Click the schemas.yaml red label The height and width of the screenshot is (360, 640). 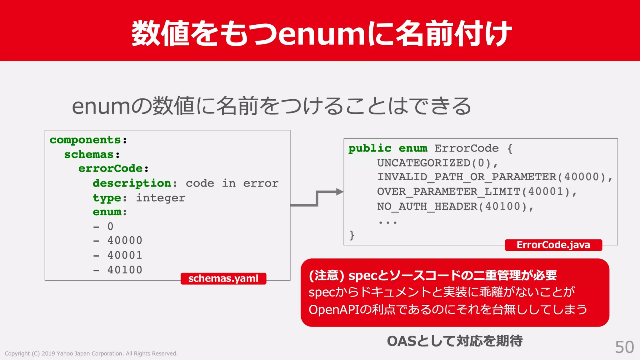tap(223, 278)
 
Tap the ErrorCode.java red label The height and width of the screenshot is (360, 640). tap(553, 245)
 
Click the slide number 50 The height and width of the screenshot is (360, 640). tap(624, 347)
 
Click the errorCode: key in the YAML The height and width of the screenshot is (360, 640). tap(113, 168)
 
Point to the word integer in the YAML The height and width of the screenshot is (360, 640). tap(161, 198)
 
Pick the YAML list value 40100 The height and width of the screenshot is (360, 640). tap(125, 270)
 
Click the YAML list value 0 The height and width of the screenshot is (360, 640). tap(110, 226)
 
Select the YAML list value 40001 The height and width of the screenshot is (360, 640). tap(125, 255)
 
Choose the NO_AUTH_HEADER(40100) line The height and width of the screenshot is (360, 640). tap(455, 206)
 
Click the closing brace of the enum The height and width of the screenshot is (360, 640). tap(352, 235)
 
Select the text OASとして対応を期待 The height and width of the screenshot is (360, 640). tap(454, 341)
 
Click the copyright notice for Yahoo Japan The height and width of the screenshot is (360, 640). tap(91, 353)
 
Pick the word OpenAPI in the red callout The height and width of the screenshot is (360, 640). tap(334, 310)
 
